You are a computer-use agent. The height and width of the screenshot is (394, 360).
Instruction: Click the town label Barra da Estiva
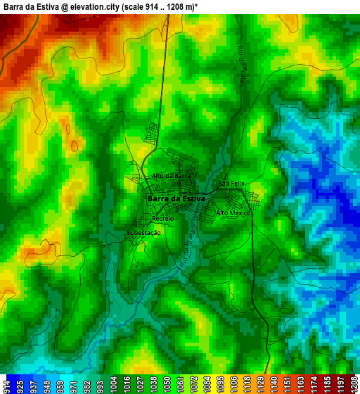176,199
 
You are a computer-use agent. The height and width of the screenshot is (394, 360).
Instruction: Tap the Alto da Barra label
171,176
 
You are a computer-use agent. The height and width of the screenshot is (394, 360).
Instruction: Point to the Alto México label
233,212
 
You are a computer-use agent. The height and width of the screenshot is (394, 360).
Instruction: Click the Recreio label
162,219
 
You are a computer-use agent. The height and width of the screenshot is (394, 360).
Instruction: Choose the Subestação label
143,232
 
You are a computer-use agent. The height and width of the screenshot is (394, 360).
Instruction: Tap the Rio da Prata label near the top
243,71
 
